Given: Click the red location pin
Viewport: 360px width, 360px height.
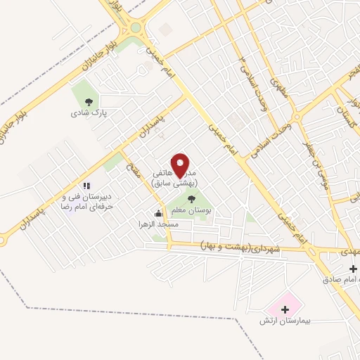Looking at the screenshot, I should click(181, 165).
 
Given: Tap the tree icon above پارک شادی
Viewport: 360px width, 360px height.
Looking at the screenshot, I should click(87, 101).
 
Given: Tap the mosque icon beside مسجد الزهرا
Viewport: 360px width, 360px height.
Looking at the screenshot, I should click(158, 213).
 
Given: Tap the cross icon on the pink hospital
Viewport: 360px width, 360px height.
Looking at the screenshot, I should click(285, 309).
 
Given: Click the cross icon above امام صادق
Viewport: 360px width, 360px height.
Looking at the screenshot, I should click(353, 269).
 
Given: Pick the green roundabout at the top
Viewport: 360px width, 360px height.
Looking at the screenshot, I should click(135, 28).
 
